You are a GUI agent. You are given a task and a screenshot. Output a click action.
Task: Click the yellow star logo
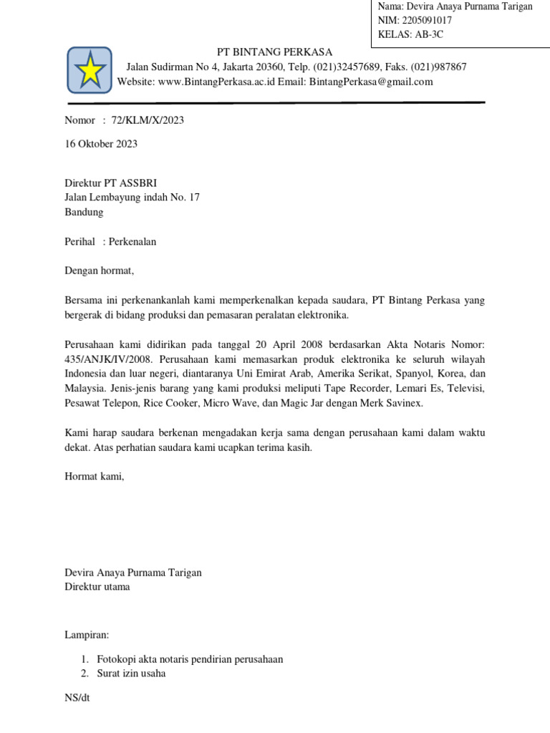(x=90, y=70)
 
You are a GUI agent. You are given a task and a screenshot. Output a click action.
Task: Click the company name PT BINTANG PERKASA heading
(x=275, y=52)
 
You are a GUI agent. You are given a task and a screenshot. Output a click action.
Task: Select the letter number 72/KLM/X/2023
(x=148, y=120)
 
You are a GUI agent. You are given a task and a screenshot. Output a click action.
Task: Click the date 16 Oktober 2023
(x=101, y=144)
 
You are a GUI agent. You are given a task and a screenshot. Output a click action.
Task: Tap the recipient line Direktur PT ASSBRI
(x=116, y=183)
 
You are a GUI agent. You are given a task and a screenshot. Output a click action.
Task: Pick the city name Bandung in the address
(x=84, y=212)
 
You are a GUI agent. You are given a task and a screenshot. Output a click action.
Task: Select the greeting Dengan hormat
(x=100, y=271)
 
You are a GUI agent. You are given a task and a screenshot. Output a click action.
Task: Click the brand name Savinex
(x=402, y=404)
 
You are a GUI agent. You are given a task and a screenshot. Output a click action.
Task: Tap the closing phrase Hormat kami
(x=94, y=476)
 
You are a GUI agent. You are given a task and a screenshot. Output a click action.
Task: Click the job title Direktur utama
(x=97, y=587)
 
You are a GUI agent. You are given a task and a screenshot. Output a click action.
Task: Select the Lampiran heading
(x=87, y=634)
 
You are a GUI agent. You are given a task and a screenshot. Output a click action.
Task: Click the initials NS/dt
(x=77, y=697)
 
